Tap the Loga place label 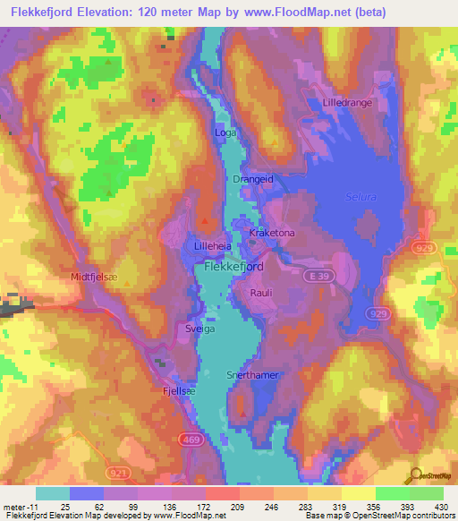pyautogui.click(x=225, y=132)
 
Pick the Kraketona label pyautogui.click(x=272, y=233)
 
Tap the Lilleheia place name pyautogui.click(x=214, y=244)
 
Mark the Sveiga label pyautogui.click(x=188, y=329)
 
